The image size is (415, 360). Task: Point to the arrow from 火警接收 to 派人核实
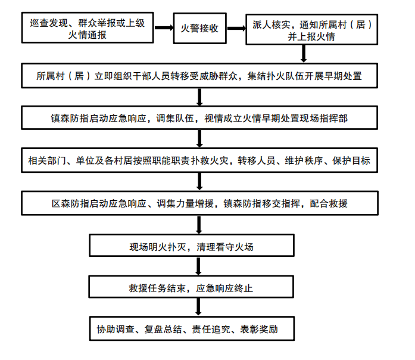click(x=236, y=29)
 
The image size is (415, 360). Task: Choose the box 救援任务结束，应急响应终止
click(x=192, y=288)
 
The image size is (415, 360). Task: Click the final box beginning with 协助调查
click(x=192, y=329)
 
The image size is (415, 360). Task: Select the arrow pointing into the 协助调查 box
click(x=199, y=309)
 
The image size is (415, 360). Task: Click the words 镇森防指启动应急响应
click(x=98, y=118)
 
